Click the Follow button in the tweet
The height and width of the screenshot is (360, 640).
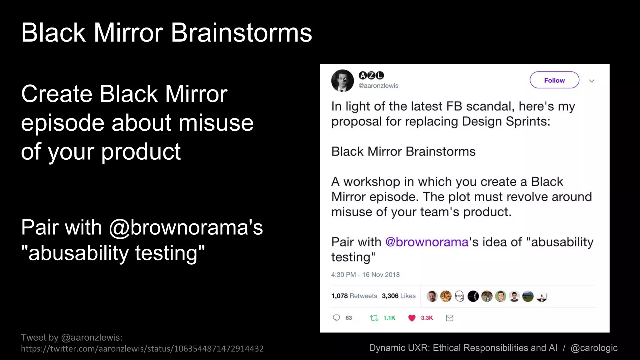coord(554,80)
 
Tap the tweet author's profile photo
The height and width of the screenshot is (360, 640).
coord(342,81)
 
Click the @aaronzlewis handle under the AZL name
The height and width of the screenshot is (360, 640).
coord(378,86)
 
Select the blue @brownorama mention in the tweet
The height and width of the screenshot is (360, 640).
coord(427,242)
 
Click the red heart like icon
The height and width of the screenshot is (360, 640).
coord(412,318)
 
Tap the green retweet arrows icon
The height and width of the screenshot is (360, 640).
coord(374,318)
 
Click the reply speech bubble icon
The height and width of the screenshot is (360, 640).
coord(336,318)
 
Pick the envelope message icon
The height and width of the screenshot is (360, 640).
coord(449,318)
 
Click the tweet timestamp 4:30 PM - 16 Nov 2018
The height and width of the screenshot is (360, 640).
coord(365,274)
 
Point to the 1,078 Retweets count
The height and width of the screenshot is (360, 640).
coord(354,296)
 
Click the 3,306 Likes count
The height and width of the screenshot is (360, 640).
coord(398,296)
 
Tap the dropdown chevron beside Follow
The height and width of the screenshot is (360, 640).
coord(591,81)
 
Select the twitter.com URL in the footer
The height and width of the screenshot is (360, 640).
coord(142,348)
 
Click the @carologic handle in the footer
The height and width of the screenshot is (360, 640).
coord(594,347)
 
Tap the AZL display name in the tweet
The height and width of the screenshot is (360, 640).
coord(371,75)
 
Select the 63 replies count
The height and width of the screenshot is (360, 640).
coord(349,318)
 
